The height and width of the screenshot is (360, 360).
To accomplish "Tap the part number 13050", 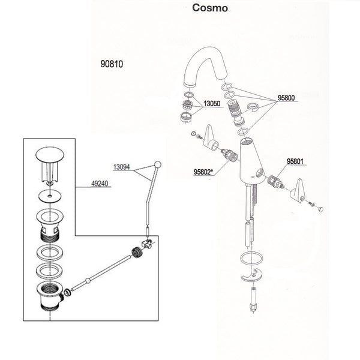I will (x=213, y=103).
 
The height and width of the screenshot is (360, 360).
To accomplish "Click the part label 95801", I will (x=298, y=161).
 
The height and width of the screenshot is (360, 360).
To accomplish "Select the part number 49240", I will (x=99, y=184).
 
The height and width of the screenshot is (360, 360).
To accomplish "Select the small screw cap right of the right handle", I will (x=319, y=208).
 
